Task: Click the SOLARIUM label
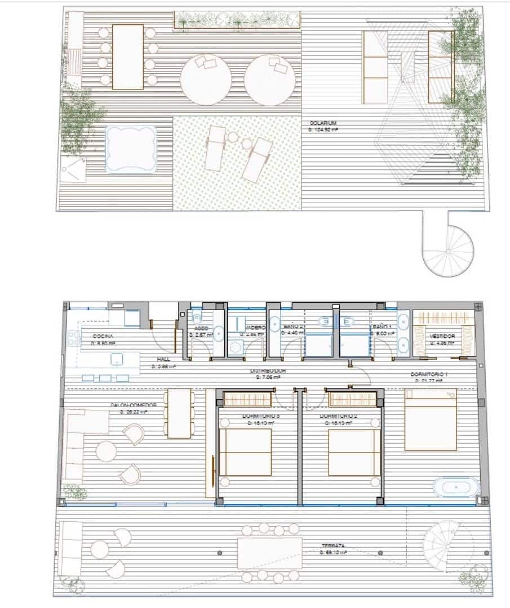[323, 123]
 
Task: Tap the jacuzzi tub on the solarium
[131, 149]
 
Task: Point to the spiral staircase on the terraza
[445, 543]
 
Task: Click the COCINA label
[103, 336]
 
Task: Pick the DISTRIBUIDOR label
[268, 372]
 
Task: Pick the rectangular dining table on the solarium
[128, 56]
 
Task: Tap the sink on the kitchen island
[117, 359]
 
